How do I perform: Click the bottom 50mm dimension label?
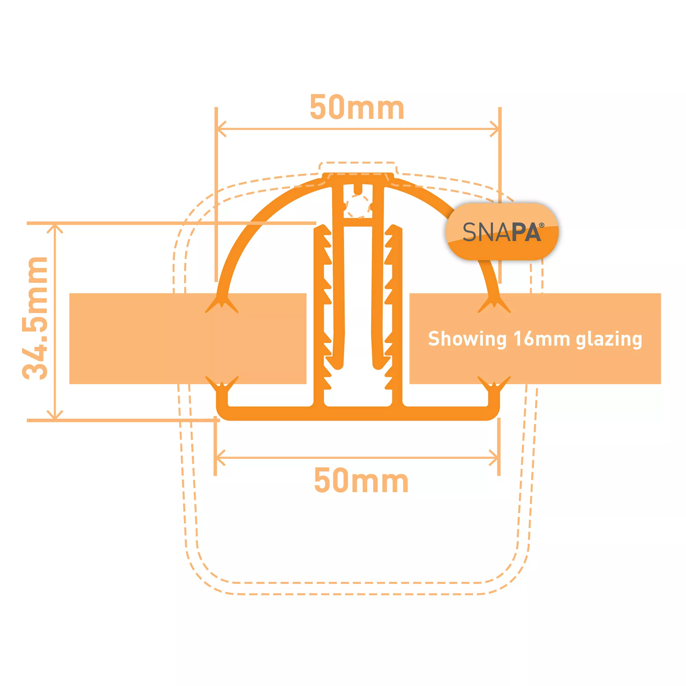(361, 480)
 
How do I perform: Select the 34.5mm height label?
(35, 318)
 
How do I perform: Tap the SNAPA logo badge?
(502, 232)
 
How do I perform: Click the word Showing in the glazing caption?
(467, 339)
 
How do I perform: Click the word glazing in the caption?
(609, 340)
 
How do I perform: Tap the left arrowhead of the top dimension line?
(222, 129)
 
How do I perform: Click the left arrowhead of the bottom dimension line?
(221, 458)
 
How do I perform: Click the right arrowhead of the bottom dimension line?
(494, 458)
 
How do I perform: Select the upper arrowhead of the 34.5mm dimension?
(55, 229)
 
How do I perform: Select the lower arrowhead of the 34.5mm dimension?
(55, 414)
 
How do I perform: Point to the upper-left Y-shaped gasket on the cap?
(222, 304)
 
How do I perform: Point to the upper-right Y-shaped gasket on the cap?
(494, 304)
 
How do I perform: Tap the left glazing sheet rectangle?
(188, 339)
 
